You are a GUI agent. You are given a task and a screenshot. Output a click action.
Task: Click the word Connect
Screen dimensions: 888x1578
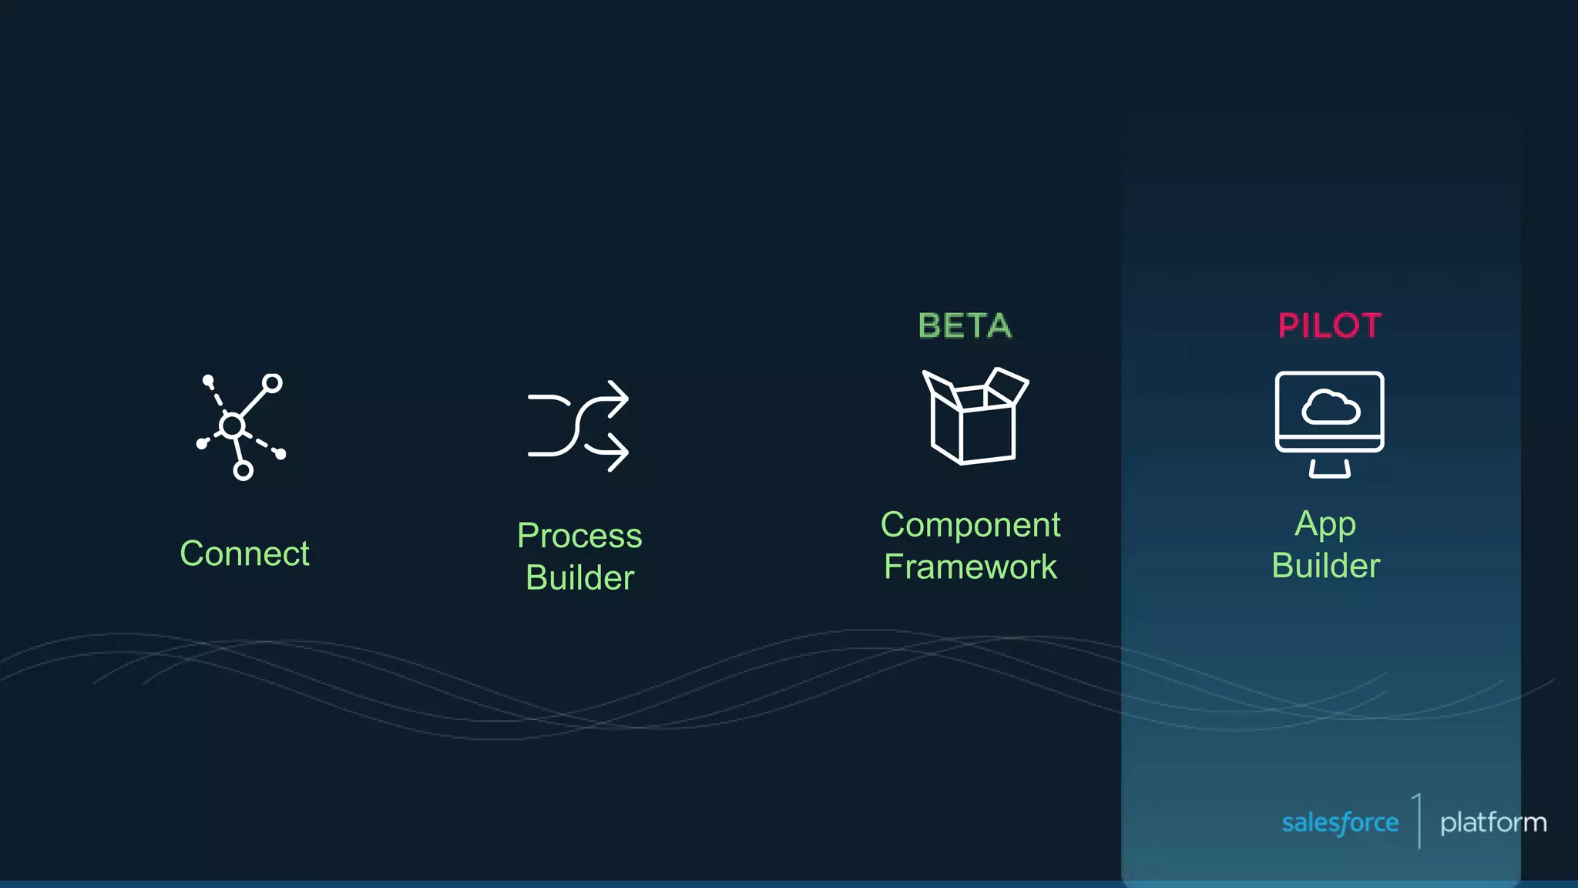[244, 553]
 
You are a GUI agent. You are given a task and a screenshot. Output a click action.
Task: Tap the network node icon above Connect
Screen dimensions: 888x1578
[241, 426]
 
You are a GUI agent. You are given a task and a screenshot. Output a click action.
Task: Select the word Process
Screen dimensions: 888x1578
[579, 536]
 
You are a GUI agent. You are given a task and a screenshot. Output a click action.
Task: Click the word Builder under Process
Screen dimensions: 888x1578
[579, 578]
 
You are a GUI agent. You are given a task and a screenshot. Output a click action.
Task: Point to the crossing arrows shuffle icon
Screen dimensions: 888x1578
[578, 425]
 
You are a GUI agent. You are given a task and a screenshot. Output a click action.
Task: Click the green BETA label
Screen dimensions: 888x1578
[965, 326]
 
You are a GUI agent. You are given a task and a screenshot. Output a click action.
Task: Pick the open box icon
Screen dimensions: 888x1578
[975, 420]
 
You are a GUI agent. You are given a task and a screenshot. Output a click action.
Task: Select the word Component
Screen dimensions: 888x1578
[970, 525]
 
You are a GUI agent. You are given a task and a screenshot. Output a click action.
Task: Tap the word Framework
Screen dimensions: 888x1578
[970, 567]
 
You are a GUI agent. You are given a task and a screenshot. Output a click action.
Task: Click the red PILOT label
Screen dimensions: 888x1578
[1329, 326]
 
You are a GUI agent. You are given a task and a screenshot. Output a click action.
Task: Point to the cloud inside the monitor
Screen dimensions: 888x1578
[1330, 408]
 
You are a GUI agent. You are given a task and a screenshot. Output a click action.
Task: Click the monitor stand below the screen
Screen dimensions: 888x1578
[1329, 469]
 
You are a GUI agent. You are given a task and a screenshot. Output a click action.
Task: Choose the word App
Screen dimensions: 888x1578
[1325, 525]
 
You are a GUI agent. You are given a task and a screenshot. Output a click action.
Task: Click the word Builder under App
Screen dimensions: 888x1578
[1325, 566]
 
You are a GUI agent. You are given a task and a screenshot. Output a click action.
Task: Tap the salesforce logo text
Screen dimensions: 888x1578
[1340, 822]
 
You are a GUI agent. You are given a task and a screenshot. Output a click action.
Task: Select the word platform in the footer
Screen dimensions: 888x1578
[1492, 822]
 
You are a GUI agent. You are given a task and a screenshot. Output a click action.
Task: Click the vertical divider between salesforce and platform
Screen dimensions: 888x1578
[1419, 821]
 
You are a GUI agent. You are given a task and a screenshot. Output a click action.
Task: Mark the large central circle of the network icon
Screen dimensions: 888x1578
[232, 425]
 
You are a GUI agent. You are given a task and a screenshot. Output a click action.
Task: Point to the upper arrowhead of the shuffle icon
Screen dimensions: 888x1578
[619, 399]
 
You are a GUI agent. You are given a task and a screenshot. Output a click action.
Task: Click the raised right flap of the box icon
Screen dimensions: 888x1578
[1006, 385]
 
